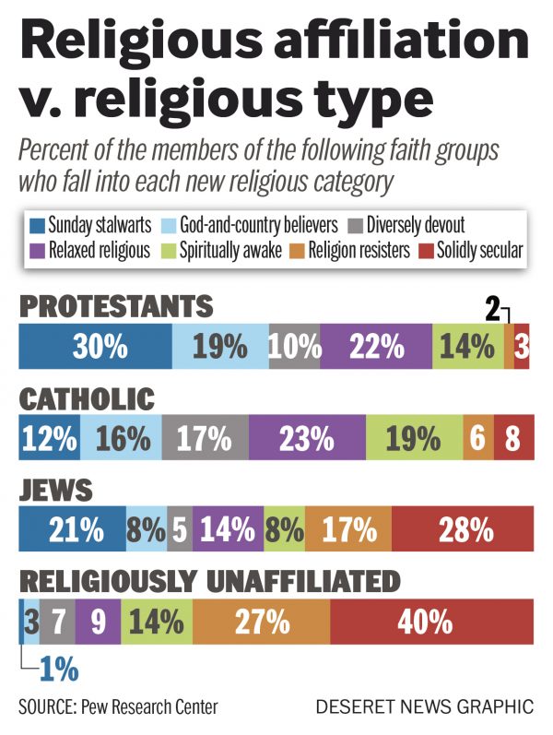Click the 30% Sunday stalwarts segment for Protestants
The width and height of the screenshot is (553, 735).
[95, 348]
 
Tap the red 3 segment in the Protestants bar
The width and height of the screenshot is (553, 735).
[523, 348]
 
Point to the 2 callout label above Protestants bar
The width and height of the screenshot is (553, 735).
[494, 310]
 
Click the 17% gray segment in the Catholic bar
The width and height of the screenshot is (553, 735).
[205, 438]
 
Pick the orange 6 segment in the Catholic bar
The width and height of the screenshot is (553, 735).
[477, 438]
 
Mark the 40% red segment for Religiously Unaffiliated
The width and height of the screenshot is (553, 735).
[431, 620]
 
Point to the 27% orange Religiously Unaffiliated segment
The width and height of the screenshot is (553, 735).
[261, 620]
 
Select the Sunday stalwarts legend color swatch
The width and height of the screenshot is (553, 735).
[37, 223]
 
